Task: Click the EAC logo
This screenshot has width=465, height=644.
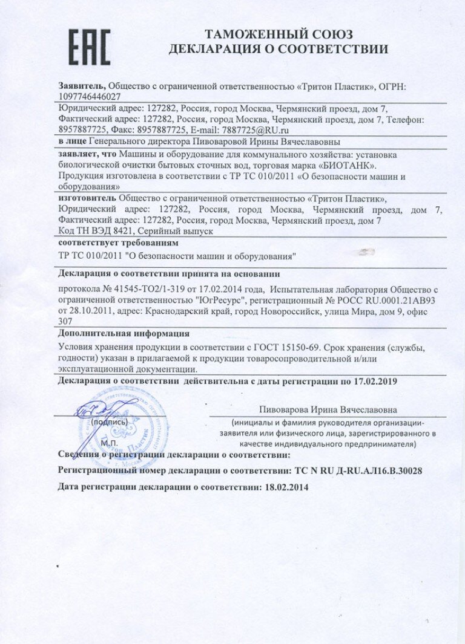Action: pos(88,47)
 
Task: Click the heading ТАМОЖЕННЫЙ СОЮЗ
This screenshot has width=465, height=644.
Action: pos(279,34)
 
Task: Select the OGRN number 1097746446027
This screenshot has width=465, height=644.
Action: pos(90,96)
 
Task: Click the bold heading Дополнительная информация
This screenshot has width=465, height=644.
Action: pos(124,333)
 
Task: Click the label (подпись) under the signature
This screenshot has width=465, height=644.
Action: pos(111,421)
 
